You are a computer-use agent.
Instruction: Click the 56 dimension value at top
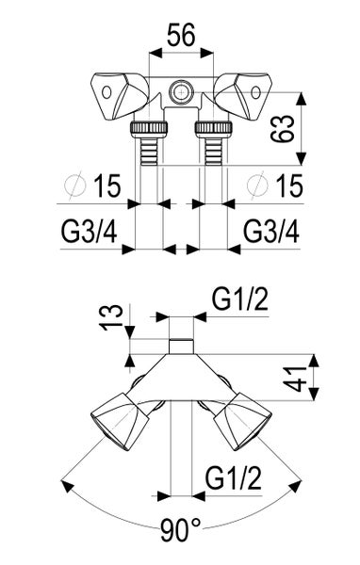click(x=179, y=35)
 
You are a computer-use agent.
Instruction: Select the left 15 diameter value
click(x=107, y=187)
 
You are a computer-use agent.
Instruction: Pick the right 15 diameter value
click(x=289, y=187)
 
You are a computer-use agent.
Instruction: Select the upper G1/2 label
click(x=237, y=300)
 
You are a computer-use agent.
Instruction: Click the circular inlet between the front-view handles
click(x=179, y=91)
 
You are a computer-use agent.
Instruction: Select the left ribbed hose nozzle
click(x=149, y=144)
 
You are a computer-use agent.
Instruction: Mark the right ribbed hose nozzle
click(x=209, y=144)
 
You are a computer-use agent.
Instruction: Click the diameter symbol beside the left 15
click(x=69, y=187)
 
